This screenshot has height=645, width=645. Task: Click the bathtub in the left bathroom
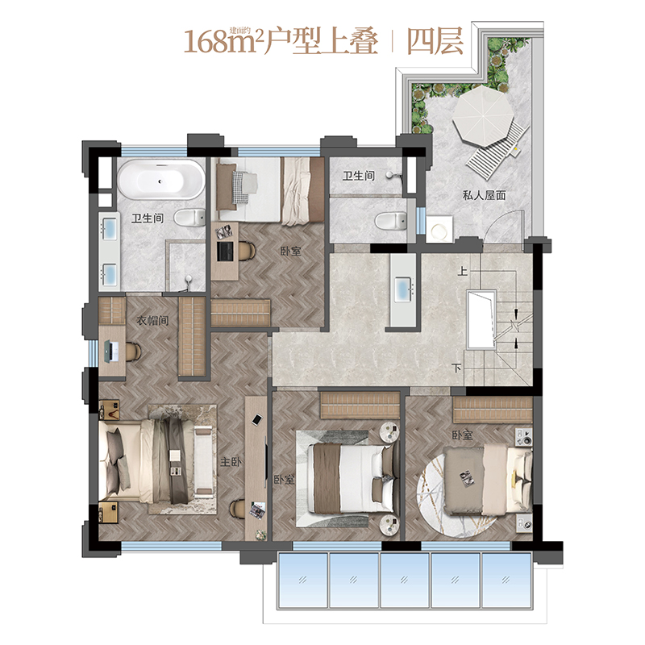tap(160, 180)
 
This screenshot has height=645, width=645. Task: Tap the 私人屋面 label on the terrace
tap(484, 195)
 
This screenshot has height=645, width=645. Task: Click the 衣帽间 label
tap(152, 320)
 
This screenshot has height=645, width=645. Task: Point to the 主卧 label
tap(231, 461)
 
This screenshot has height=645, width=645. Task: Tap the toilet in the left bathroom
tap(189, 217)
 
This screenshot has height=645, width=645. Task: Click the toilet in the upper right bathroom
tap(390, 221)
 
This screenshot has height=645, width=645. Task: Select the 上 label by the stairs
tap(463, 271)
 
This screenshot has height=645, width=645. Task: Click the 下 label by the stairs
tap(456, 368)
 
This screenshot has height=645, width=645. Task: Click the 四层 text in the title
tap(435, 42)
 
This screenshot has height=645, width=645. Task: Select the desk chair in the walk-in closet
tap(133, 352)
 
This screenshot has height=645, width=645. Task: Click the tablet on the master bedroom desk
tap(257, 419)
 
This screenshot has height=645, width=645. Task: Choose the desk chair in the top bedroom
tap(247, 251)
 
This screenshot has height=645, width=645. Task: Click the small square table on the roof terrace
tap(439, 229)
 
